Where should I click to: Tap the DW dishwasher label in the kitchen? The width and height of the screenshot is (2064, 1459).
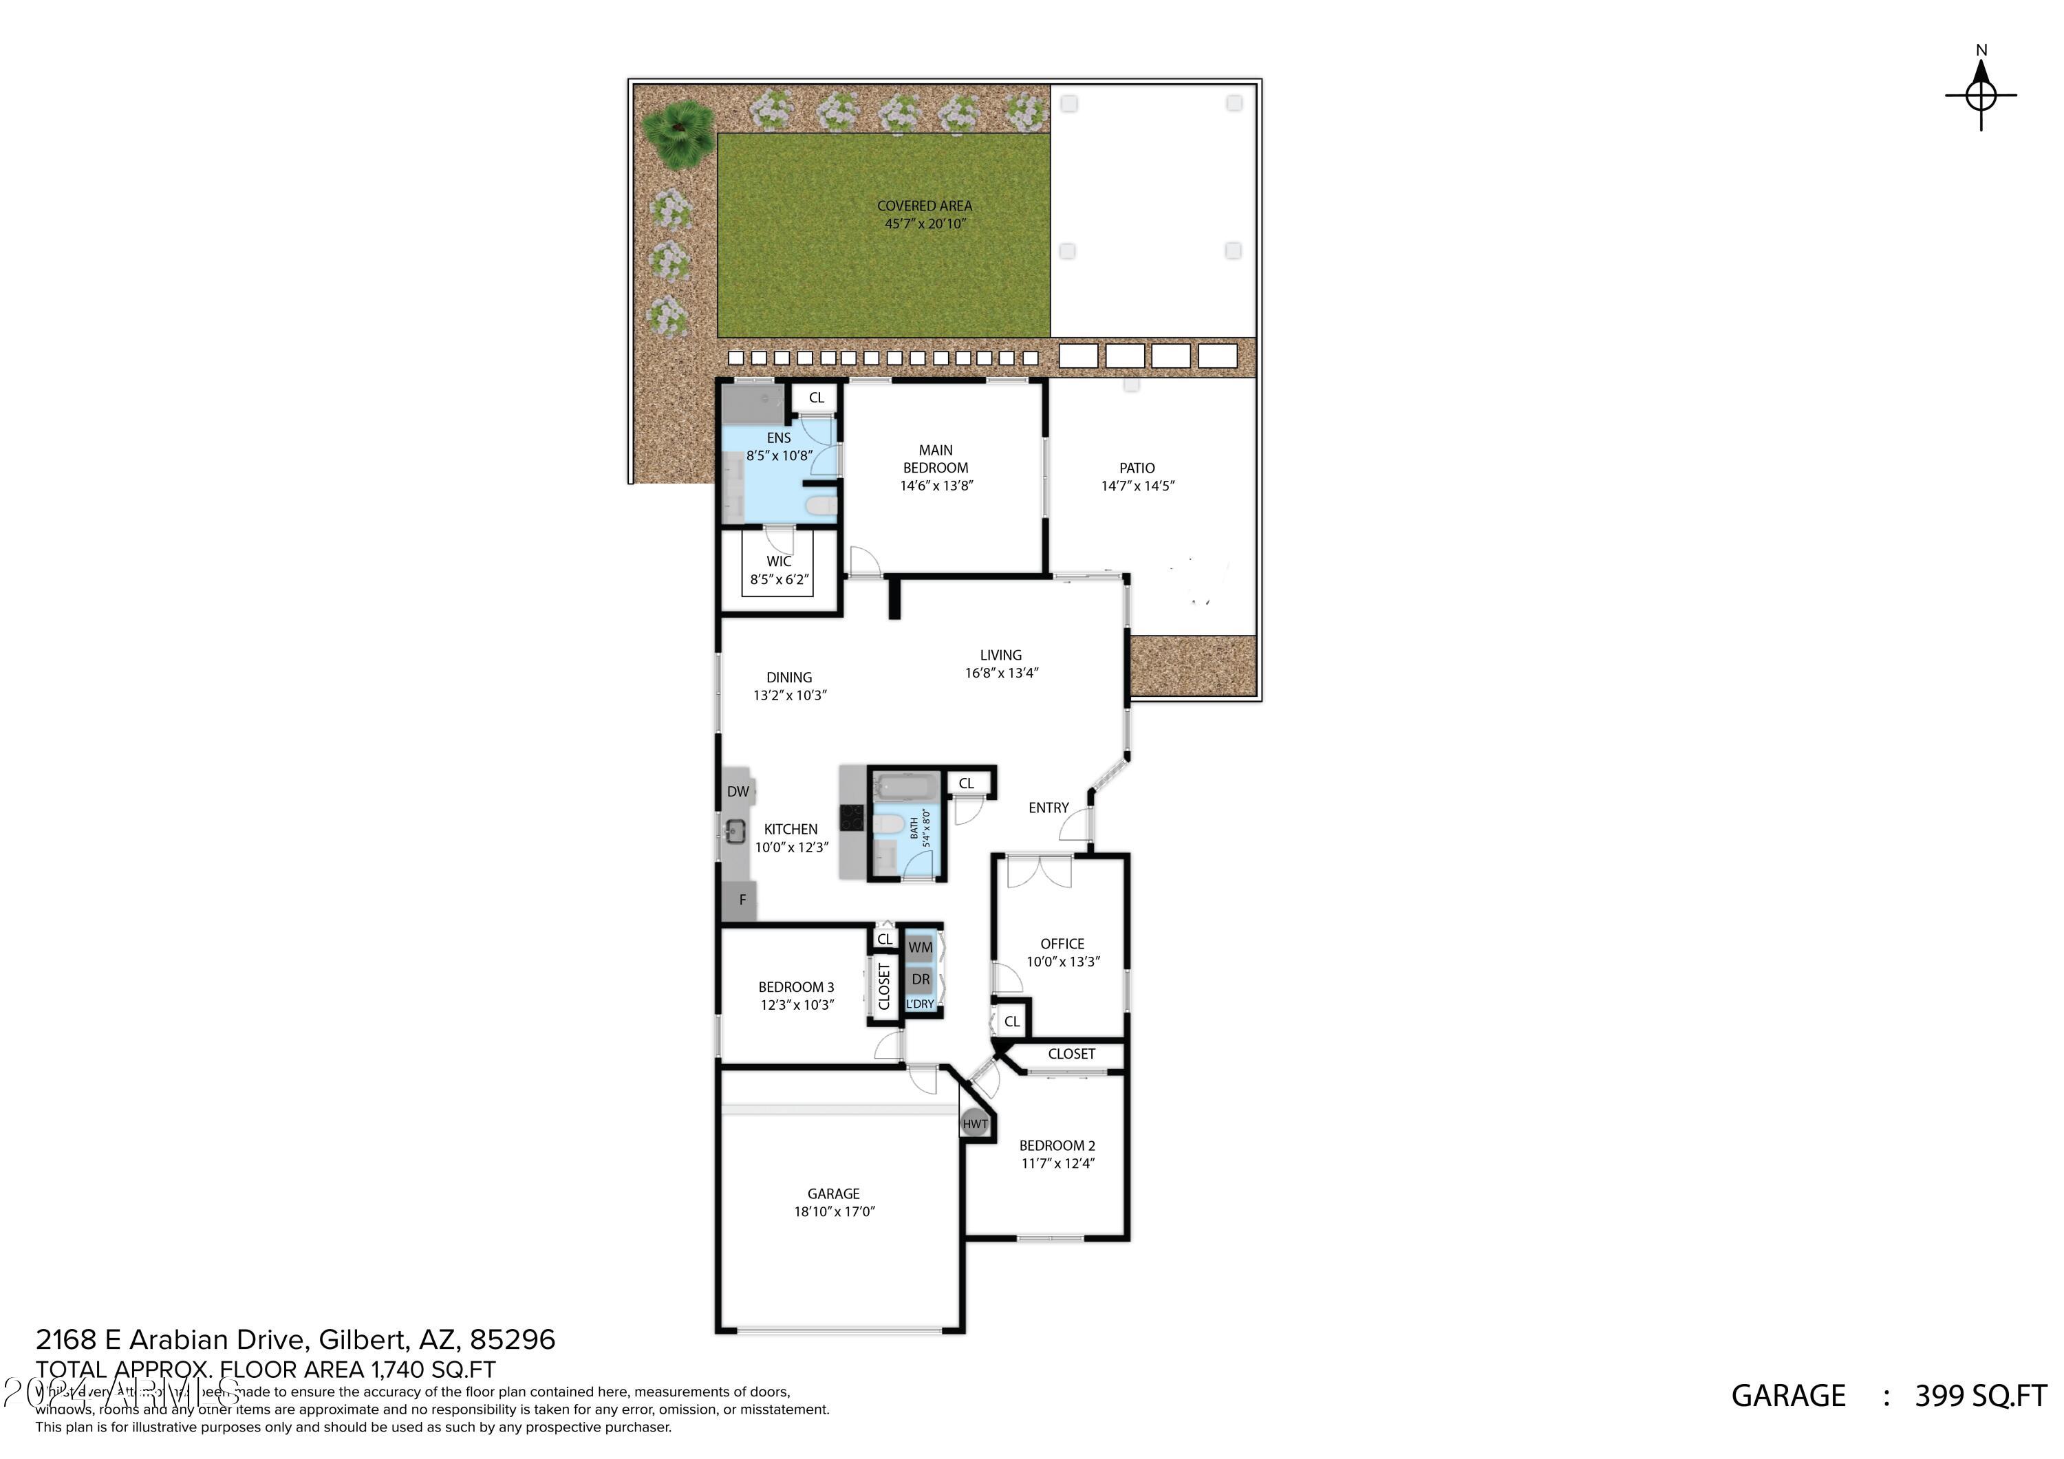pos(738,792)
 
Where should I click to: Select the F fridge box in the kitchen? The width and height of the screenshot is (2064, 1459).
pos(742,900)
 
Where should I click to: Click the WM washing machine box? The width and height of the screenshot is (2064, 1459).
pos(921,947)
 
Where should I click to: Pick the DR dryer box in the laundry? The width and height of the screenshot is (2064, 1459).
pos(921,979)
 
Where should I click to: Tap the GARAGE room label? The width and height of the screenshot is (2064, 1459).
pos(833,1193)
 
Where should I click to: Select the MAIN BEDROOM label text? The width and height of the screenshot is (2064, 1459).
pos(936,458)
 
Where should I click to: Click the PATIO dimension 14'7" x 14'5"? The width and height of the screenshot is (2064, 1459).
pos(1138,486)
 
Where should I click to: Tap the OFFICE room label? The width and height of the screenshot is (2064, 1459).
pos(1062,944)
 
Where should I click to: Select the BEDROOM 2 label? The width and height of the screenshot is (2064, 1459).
pos(1057,1145)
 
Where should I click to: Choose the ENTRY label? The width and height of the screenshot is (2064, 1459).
pos(1049,808)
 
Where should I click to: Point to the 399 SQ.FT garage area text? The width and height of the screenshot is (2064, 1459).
pos(1980,1395)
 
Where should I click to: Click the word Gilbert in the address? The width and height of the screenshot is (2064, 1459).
pos(363,1340)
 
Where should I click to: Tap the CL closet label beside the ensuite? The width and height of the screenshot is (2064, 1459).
pos(816,398)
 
